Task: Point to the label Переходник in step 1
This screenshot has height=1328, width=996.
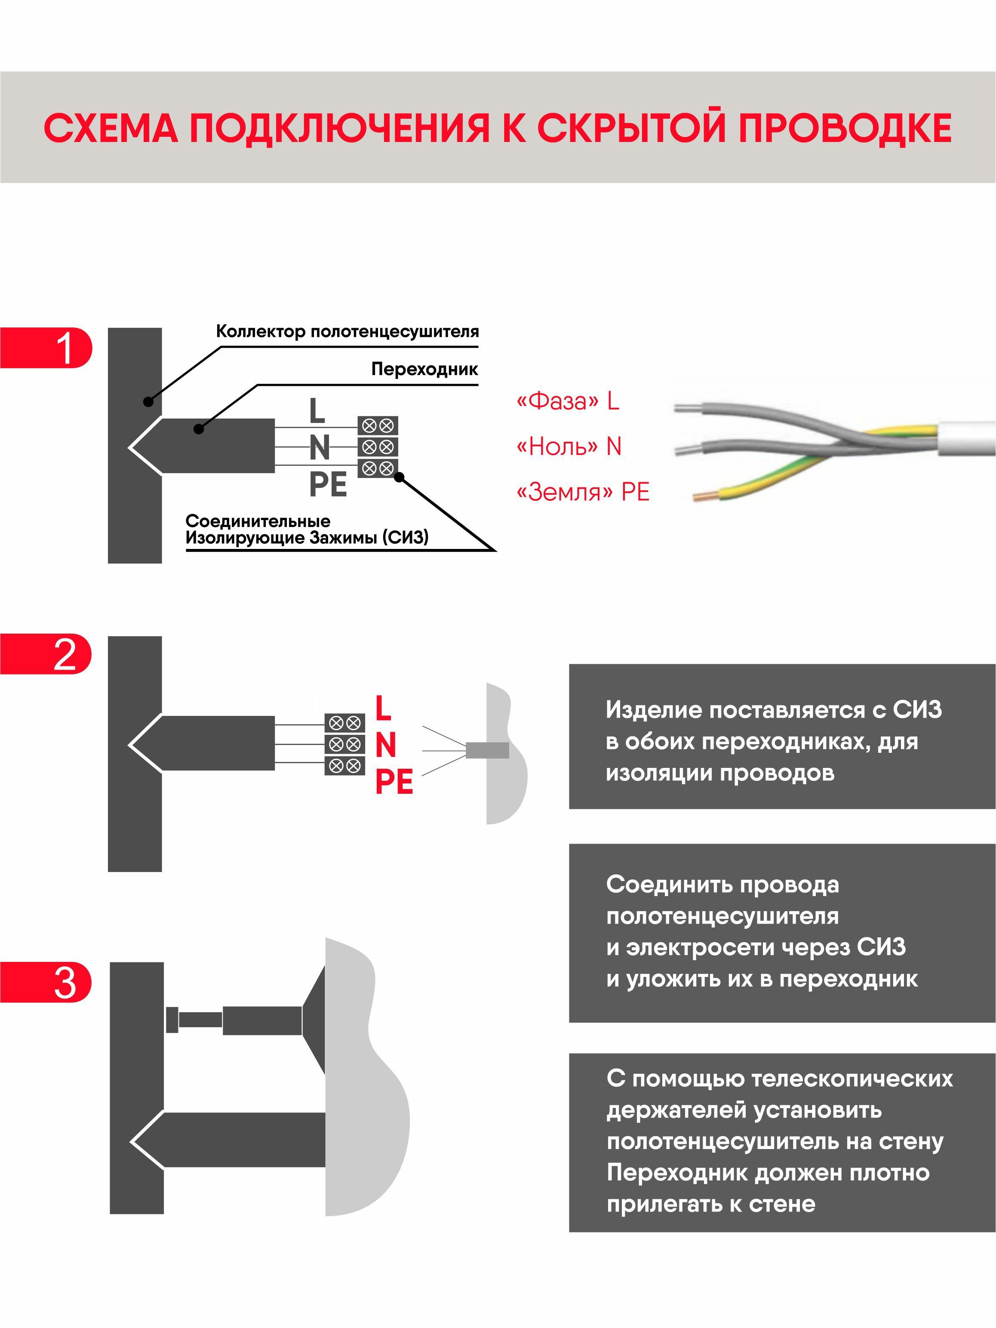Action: pyautogui.click(x=424, y=369)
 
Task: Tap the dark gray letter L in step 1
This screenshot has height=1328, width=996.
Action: pyautogui.click(x=317, y=411)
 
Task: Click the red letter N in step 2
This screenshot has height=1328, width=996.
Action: pyautogui.click(x=385, y=745)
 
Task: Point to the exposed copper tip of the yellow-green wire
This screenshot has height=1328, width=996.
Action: pyautogui.click(x=701, y=496)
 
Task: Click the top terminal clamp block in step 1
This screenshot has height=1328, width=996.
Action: pyautogui.click(x=378, y=425)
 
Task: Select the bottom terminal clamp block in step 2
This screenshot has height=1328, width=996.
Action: pyautogui.click(x=344, y=765)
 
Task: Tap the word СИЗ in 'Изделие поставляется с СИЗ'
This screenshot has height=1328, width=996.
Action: pyautogui.click(x=917, y=710)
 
